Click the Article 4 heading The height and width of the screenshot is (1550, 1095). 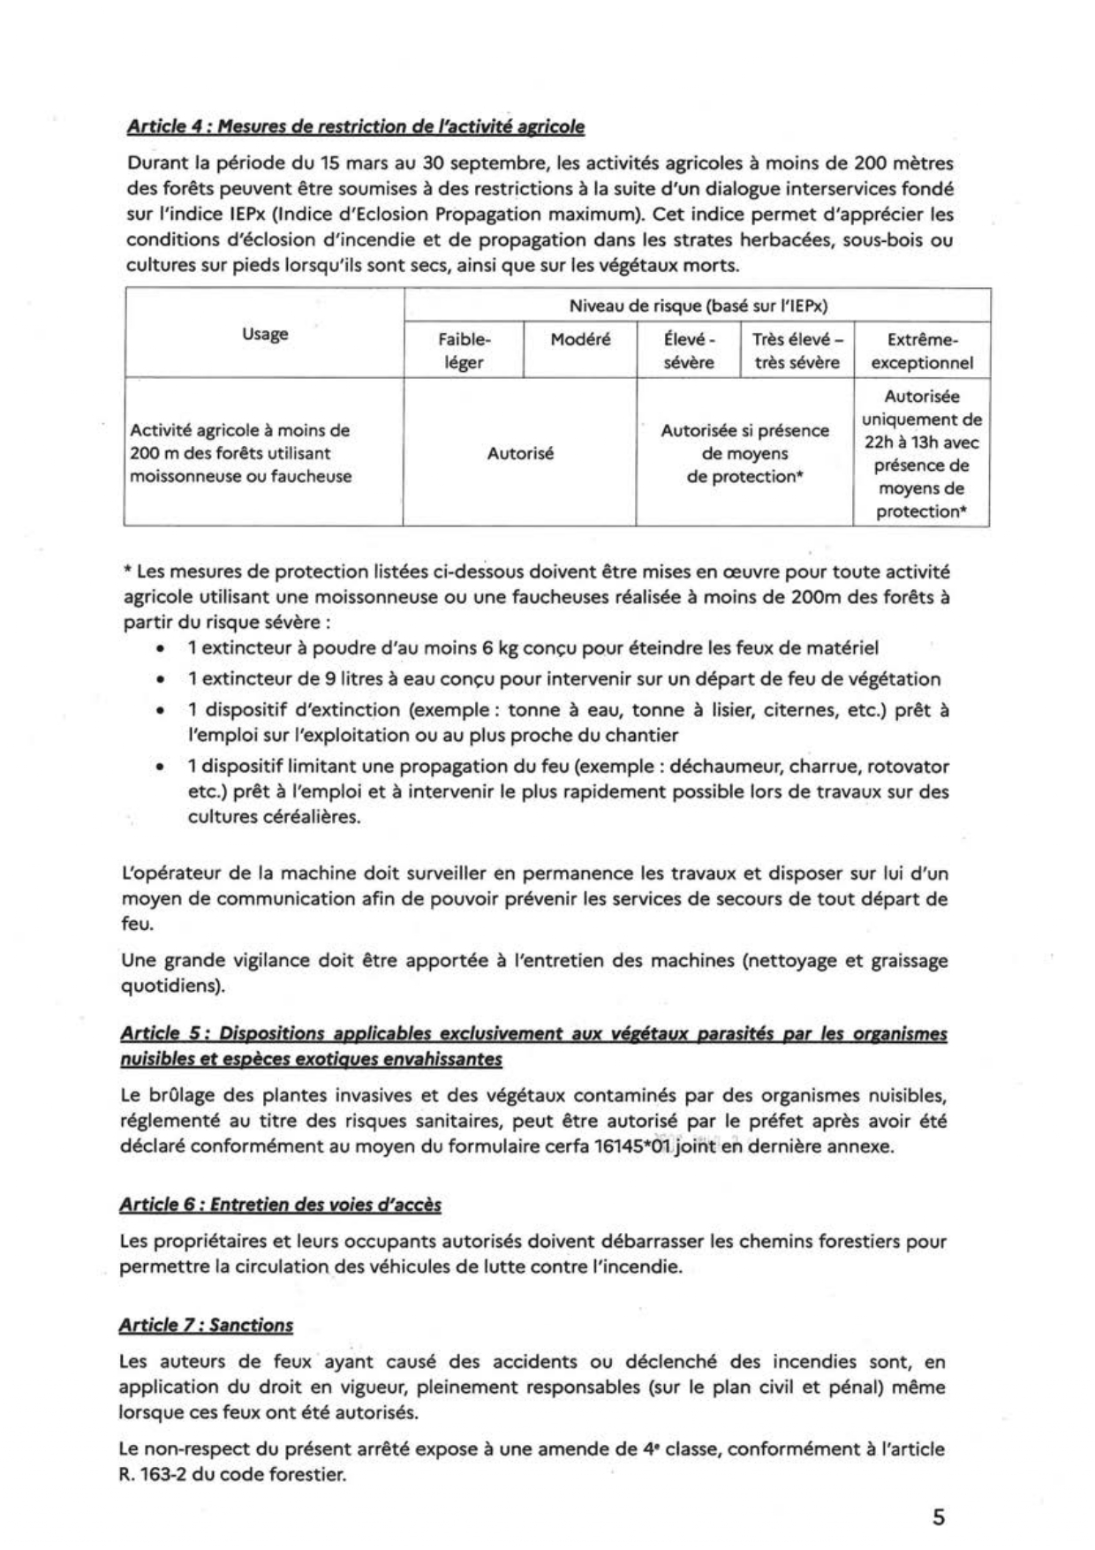(355, 127)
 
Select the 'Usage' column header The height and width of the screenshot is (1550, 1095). (265, 334)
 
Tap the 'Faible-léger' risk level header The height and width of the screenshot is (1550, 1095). (464, 351)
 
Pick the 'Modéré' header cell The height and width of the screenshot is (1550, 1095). (580, 340)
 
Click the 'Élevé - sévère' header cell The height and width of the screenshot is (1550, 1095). (688, 351)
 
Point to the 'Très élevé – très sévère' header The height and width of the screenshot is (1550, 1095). (797, 351)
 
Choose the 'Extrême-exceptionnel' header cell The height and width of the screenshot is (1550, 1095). (922, 351)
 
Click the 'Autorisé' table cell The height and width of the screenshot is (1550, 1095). (520, 454)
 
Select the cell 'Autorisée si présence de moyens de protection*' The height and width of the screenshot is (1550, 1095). (744, 454)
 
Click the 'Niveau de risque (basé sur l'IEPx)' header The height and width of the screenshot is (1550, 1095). (698, 306)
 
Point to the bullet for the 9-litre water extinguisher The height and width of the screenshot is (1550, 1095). (563, 679)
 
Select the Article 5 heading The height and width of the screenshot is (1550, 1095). (532, 1046)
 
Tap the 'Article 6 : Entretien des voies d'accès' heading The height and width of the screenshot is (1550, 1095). (280, 1205)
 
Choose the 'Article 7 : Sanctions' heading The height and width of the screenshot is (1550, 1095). (206, 1325)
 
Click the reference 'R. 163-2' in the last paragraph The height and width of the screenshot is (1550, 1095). (152, 1475)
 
